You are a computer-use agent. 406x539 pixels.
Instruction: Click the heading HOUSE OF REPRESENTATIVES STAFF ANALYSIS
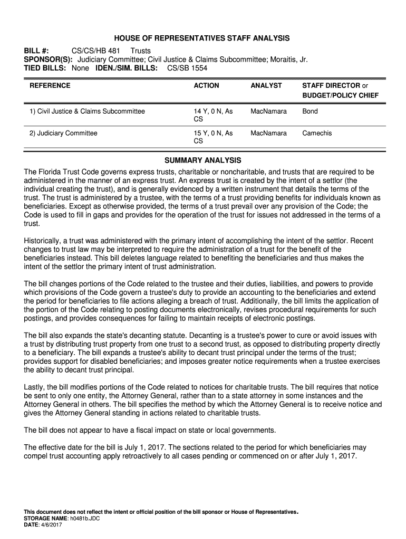(202, 38)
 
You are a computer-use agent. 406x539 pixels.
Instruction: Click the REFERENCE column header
(50, 85)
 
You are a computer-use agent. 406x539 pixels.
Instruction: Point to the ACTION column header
(206, 85)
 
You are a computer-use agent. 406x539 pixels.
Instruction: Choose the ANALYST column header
(266, 85)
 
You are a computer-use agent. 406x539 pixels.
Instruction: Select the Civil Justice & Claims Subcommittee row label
(87, 112)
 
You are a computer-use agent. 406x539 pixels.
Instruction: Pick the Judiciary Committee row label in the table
(63, 133)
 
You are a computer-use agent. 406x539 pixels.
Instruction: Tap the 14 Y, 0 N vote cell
(213, 112)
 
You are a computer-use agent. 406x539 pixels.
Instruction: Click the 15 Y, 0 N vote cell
(213, 133)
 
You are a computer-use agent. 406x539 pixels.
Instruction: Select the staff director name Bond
(310, 112)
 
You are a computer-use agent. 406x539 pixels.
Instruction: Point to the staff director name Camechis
(317, 133)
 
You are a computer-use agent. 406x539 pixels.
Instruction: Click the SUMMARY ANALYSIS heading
(202, 160)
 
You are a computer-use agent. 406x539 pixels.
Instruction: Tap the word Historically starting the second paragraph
(44, 241)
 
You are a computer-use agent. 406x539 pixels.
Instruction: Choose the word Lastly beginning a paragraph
(35, 387)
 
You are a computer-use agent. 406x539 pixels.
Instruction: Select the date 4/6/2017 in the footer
(51, 525)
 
